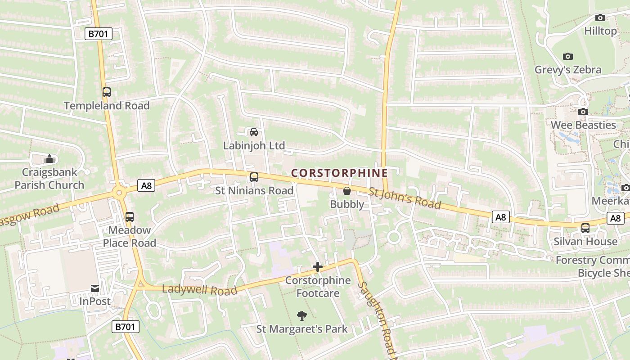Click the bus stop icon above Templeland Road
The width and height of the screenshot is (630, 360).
tap(107, 92)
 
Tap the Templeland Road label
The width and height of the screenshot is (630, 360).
tap(107, 106)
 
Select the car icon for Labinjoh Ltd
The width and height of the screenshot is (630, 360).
tap(254, 132)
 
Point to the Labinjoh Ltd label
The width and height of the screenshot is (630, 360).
tap(254, 145)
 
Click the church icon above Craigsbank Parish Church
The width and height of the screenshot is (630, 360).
tap(49, 159)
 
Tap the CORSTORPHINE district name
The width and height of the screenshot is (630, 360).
tap(339, 173)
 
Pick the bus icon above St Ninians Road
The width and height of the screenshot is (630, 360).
tap(254, 177)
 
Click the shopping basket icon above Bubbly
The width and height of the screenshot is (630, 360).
tap(347, 191)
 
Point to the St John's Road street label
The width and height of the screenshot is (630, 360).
tap(405, 198)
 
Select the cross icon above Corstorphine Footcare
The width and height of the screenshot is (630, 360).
tap(318, 267)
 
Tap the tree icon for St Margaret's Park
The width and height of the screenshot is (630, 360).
tap(302, 316)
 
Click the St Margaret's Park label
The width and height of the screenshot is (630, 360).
tap(302, 329)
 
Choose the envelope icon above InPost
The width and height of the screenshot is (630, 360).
tap(95, 288)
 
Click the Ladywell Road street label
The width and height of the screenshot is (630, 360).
tap(199, 290)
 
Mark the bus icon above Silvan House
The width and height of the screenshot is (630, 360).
tap(585, 228)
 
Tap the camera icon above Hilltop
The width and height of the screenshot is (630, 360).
tap(600, 18)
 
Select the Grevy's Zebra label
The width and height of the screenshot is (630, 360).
tap(568, 70)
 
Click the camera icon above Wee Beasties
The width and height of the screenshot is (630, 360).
tap(583, 112)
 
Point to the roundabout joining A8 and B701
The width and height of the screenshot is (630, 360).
tap(119, 193)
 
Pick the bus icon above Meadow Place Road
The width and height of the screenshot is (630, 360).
tap(130, 217)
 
